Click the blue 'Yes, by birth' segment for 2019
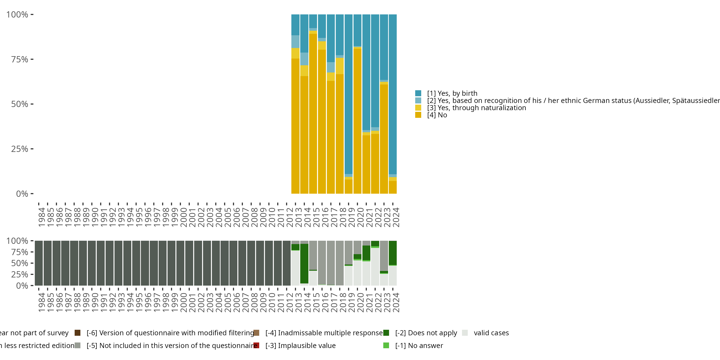(x=348, y=94)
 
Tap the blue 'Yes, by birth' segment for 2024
(x=392, y=94)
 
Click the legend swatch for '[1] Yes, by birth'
(x=418, y=93)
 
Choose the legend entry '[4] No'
(x=437, y=115)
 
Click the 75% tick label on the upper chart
(x=20, y=59)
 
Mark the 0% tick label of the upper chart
(x=22, y=194)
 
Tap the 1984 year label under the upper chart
(x=41, y=217)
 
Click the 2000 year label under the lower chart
(x=183, y=302)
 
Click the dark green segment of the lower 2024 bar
(x=392, y=252)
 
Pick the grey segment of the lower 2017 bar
(x=331, y=263)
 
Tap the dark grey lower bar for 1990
(x=92, y=263)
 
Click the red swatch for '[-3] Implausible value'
(x=256, y=345)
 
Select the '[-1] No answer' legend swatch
(x=386, y=345)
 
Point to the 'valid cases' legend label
(x=491, y=333)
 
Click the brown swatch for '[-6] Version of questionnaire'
(x=78, y=333)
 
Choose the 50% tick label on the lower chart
(x=20, y=263)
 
